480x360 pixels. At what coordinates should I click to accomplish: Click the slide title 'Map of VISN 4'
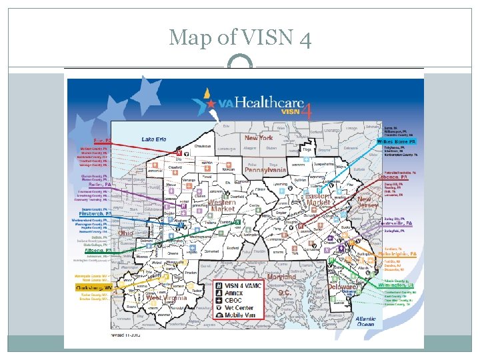[x=240, y=37]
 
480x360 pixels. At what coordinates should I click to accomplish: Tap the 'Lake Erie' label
[x=154, y=139]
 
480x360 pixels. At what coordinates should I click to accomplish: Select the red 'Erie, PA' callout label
[x=101, y=141]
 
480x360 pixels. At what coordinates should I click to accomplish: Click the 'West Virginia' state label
[x=167, y=298]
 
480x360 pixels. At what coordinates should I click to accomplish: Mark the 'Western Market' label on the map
[x=222, y=205]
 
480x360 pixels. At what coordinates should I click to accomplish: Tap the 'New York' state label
[x=259, y=138]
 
